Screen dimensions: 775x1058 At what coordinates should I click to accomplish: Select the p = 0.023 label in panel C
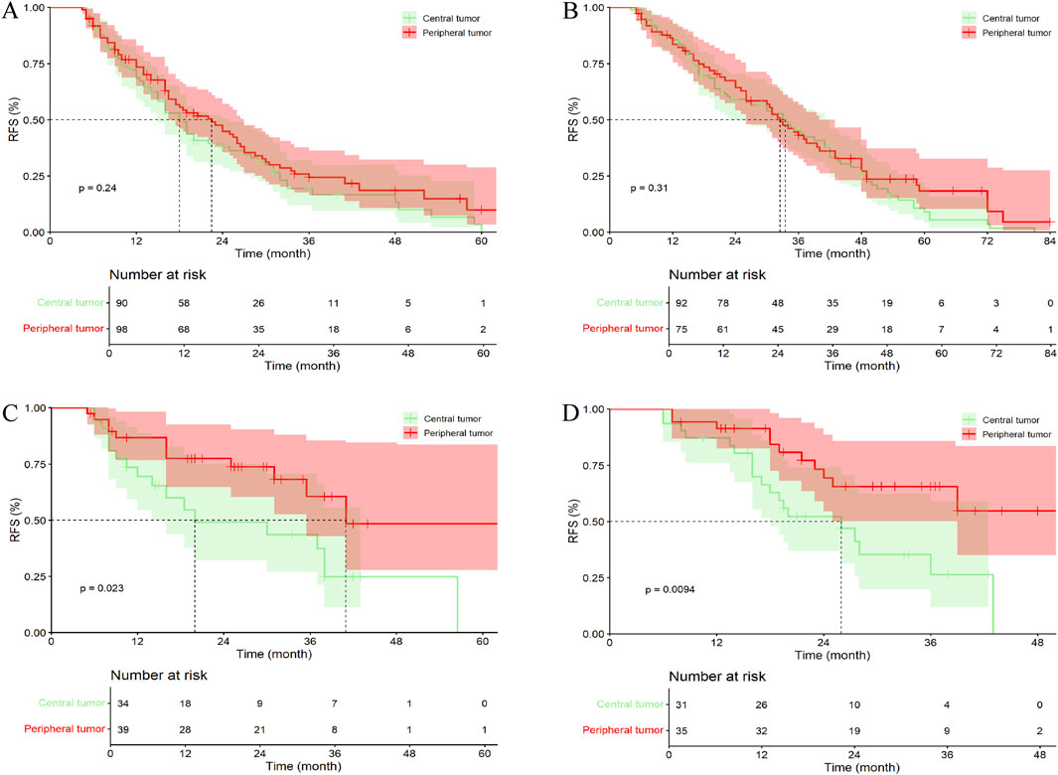coord(101,588)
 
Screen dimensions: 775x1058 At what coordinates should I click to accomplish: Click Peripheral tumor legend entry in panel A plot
coord(455,33)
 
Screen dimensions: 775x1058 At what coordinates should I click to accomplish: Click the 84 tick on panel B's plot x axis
coord(1050,240)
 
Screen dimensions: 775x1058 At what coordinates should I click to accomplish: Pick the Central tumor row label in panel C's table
coord(72,703)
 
